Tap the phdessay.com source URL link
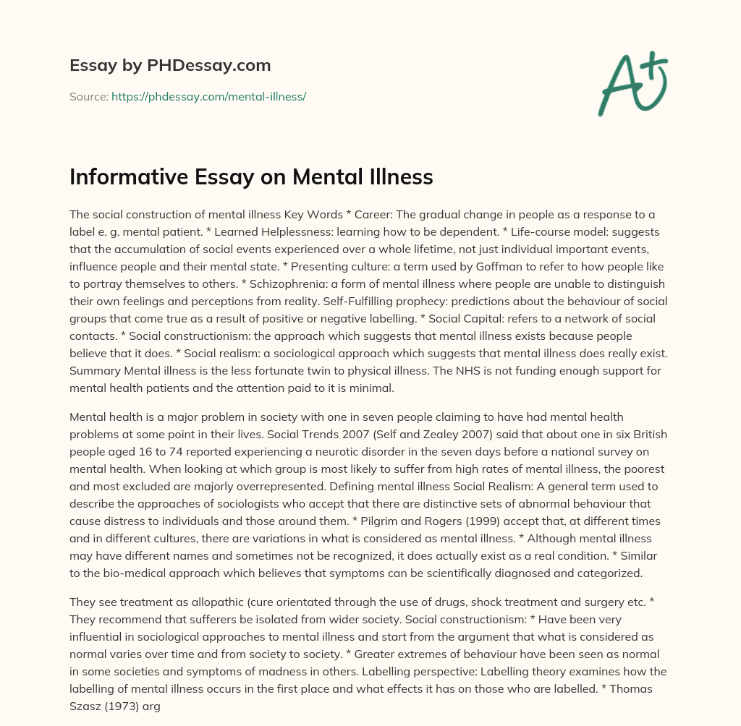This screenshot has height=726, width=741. coord(208,96)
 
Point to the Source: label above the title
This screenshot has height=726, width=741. coord(88,96)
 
